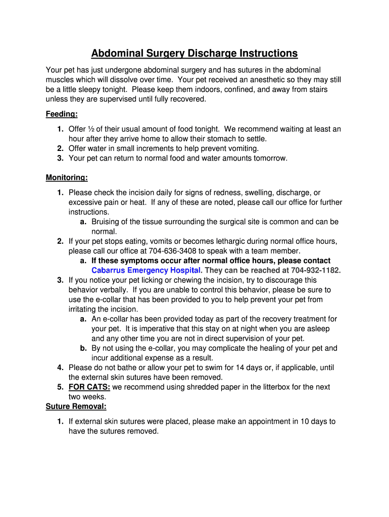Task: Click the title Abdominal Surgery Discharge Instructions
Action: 194,54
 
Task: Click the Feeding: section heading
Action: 62,114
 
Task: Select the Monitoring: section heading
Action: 67,177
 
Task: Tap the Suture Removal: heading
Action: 76,406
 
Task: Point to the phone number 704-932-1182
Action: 316,270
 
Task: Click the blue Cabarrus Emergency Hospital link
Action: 147,270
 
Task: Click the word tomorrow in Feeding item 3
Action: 269,158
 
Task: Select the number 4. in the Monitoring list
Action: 60,368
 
